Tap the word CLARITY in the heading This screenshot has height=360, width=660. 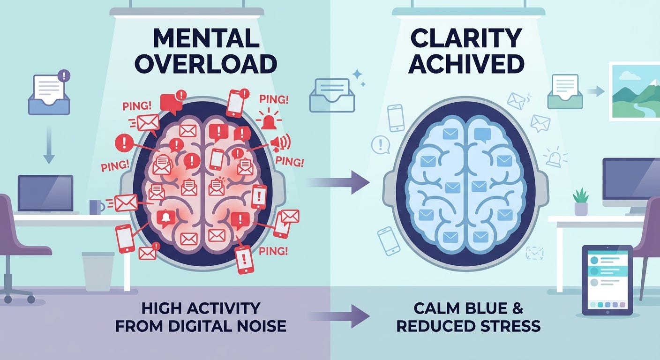tap(465, 39)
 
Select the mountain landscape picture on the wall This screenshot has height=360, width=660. tap(635, 91)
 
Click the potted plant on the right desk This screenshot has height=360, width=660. tap(581, 202)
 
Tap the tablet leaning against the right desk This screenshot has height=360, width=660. tap(607, 280)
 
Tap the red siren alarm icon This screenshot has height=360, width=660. tap(269, 121)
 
